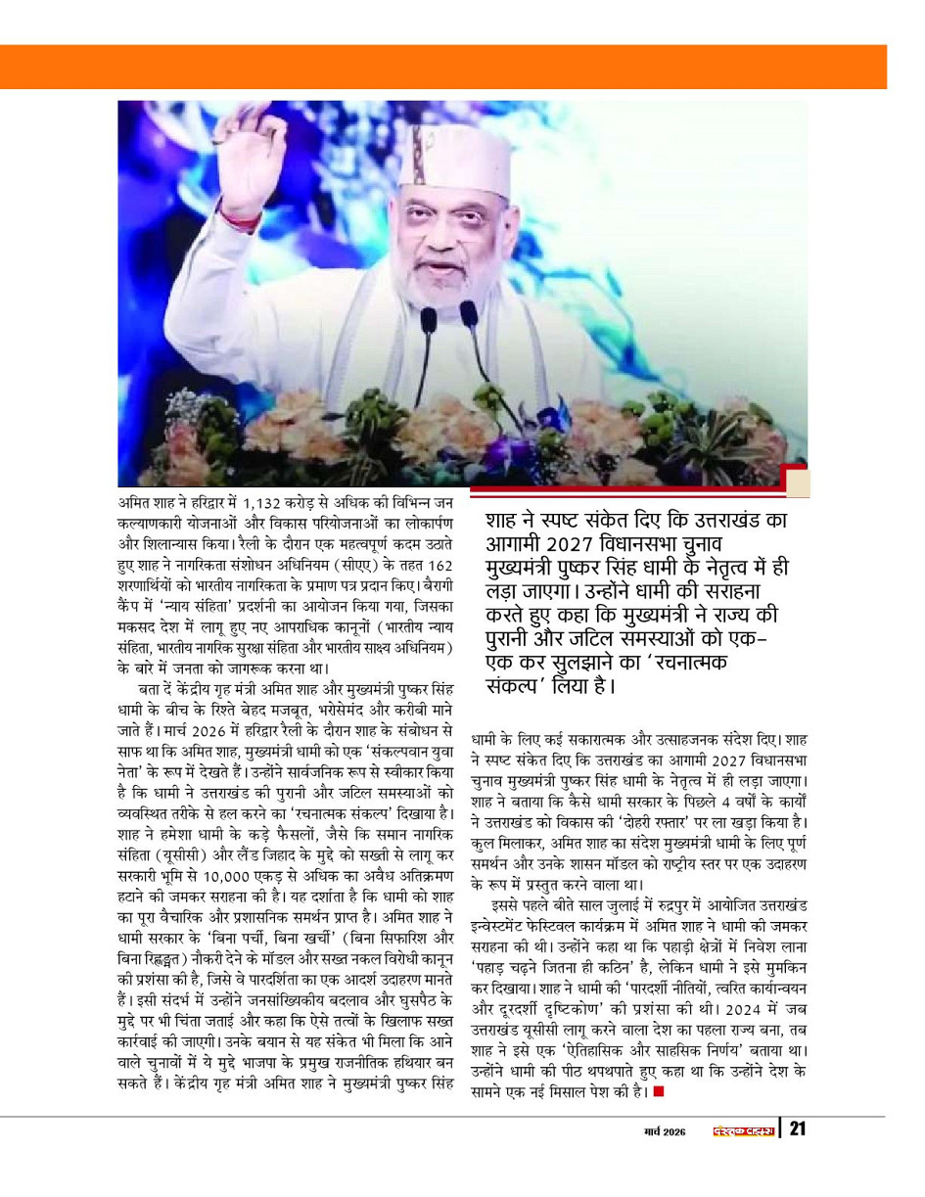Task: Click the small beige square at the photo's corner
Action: point(798,483)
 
